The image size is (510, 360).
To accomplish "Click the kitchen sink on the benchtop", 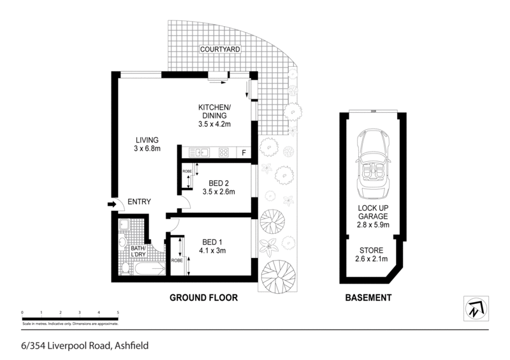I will [199, 152].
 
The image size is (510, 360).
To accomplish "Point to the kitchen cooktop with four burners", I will [224, 152].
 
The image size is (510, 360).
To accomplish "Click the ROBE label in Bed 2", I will [187, 171].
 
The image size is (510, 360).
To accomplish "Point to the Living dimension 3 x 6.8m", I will [146, 148].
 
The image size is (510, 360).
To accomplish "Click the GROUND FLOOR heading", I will [203, 298].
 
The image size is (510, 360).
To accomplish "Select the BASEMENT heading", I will [367, 298].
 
